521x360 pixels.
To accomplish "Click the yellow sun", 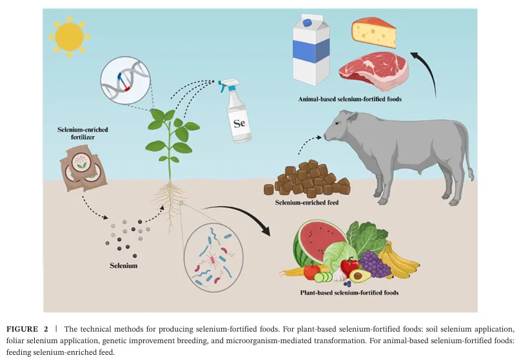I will (x=69, y=36).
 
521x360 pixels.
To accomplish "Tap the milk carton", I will (x=313, y=51).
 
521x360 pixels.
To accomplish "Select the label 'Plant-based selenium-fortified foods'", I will (x=349, y=292).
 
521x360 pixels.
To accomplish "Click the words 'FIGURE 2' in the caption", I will (x=28, y=328).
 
